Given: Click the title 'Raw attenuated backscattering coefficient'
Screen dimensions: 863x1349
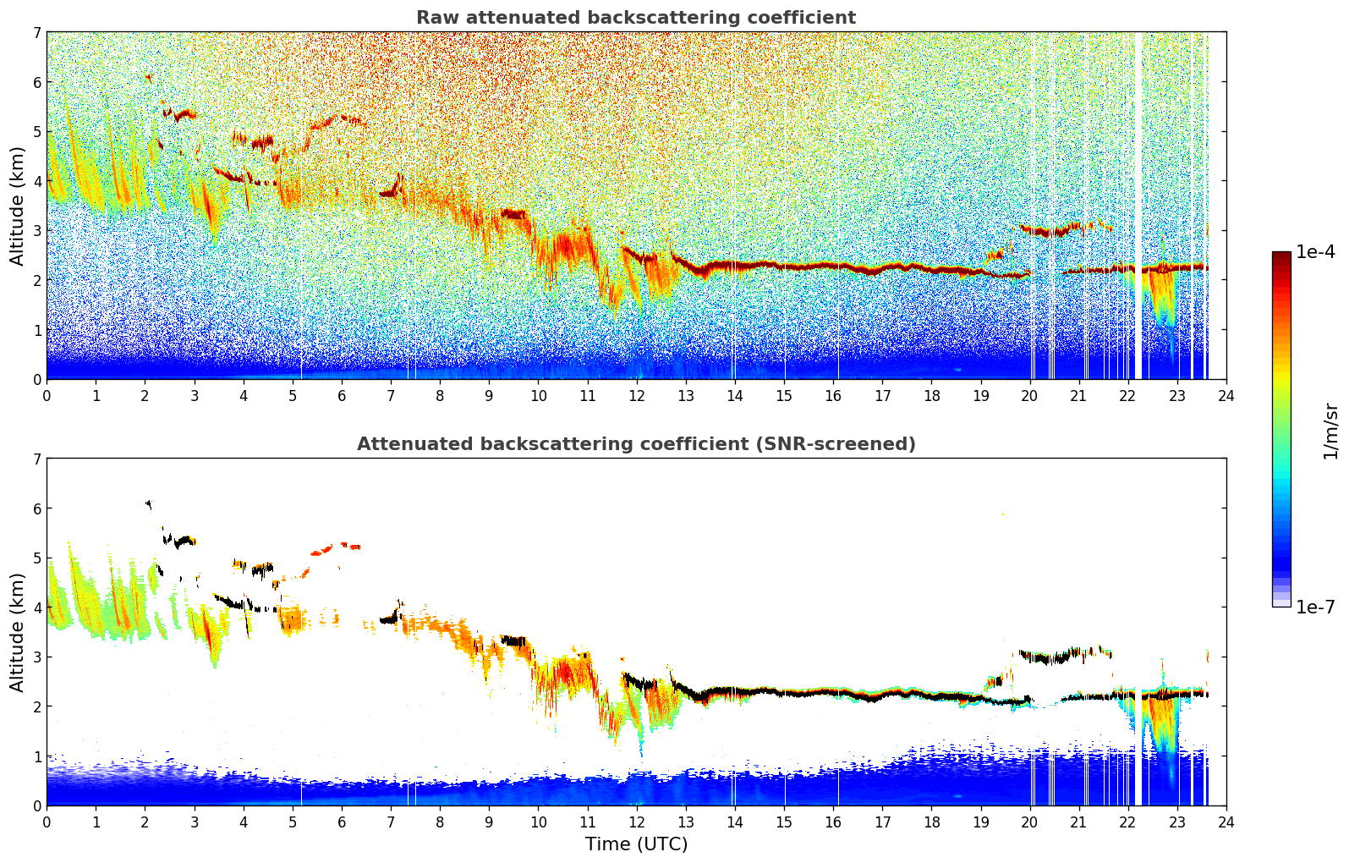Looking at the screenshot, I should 635,18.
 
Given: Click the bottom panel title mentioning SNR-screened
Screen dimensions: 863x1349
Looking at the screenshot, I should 635,444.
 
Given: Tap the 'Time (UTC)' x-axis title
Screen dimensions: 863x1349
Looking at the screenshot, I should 636,844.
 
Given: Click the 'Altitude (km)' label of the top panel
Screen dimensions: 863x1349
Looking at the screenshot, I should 18,206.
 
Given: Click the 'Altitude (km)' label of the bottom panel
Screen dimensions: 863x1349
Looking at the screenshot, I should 18,632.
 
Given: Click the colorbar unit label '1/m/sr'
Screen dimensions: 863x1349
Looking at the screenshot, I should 1330,431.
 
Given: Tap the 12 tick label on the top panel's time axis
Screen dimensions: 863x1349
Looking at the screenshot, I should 636,395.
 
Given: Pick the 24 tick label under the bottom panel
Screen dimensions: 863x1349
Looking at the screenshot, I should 1226,822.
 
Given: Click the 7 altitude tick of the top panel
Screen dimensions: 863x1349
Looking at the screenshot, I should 36,33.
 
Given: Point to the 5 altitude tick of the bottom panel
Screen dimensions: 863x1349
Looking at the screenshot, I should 36,558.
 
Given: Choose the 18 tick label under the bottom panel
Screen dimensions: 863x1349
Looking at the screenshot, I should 931,822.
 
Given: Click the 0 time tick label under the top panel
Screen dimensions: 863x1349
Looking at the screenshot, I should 47,395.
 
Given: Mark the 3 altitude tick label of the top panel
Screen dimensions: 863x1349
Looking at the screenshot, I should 36,231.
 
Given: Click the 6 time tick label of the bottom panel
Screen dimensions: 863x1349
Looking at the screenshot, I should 342,822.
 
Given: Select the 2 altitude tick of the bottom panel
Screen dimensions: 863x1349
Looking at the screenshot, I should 36,706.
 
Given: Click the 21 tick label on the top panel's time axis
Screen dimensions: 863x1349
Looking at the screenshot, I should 1078,395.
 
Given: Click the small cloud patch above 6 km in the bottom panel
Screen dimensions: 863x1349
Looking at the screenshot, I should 149,504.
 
